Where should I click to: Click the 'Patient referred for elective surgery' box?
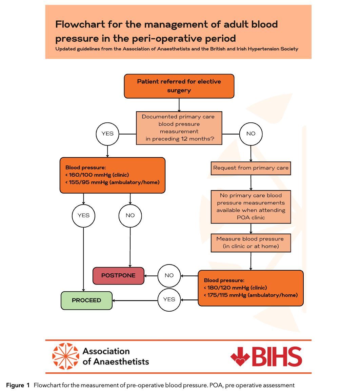tap(179, 86)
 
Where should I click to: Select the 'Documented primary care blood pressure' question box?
tap(179, 128)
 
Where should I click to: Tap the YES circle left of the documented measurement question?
tap(107, 134)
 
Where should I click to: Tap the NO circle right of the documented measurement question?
tap(251, 134)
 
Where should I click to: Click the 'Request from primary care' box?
tap(251, 168)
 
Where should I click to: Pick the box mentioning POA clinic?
tap(251, 207)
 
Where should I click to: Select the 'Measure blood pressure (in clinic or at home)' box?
tap(251, 242)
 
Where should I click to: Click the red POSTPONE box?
tap(118, 275)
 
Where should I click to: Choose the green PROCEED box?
tap(86, 300)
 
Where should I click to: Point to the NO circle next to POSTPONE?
tap(169, 275)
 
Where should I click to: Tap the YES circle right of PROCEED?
tap(169, 299)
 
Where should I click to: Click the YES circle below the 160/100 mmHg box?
tap(83, 215)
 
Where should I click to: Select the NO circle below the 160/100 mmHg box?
tap(130, 215)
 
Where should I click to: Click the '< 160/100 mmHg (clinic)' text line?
tap(97, 175)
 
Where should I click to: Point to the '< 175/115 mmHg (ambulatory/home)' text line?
tap(251, 295)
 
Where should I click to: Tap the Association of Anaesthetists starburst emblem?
tap(65, 356)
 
